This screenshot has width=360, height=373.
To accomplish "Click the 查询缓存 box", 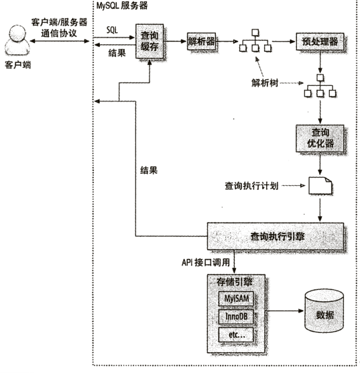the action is pyautogui.click(x=149, y=41).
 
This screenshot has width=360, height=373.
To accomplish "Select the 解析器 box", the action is pyautogui.click(x=201, y=42).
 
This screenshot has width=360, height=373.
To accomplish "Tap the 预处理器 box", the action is pyautogui.click(x=320, y=42).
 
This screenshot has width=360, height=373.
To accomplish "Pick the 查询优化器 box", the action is pyautogui.click(x=320, y=138).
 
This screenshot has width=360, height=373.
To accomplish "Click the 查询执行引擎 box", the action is pyautogui.click(x=276, y=236).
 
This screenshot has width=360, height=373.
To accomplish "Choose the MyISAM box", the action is pyautogui.click(x=236, y=299).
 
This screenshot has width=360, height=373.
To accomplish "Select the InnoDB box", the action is pyautogui.click(x=236, y=317).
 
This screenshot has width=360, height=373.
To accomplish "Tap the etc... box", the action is pyautogui.click(x=236, y=335).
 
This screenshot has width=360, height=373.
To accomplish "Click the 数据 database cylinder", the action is pyautogui.click(x=324, y=311).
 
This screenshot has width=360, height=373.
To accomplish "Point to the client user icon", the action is pyautogui.click(x=17, y=40).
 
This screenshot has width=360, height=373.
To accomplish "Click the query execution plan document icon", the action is pyautogui.click(x=320, y=186).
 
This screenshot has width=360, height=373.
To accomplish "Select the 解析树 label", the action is pyautogui.click(x=265, y=83).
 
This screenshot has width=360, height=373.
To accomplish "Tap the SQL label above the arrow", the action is pyautogui.click(x=112, y=30).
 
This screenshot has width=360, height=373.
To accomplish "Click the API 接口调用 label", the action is pyautogui.click(x=206, y=262).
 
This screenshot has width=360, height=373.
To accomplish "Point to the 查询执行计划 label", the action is pyautogui.click(x=251, y=186).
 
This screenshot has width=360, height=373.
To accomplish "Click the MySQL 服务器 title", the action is pyautogui.click(x=122, y=5).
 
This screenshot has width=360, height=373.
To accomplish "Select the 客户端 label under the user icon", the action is pyautogui.click(x=18, y=64).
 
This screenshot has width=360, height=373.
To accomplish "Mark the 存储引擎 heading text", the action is pyautogui.click(x=234, y=282).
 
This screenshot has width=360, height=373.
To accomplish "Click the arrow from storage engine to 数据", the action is pyautogui.click(x=284, y=311).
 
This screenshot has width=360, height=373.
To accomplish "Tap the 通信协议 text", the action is pyautogui.click(x=59, y=33).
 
